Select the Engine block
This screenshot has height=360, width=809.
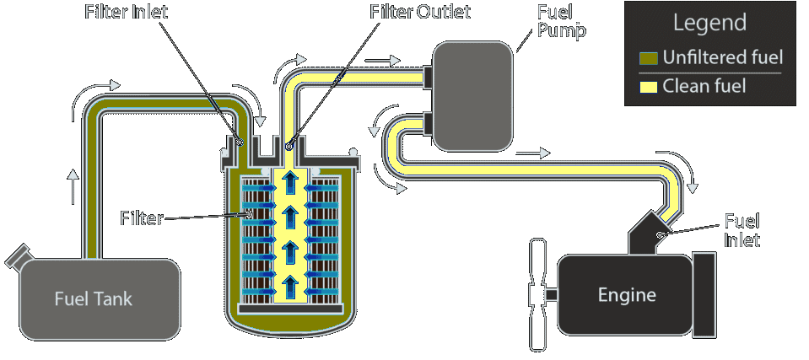pyautogui.click(x=626, y=295)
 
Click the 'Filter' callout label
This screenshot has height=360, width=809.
pyautogui.click(x=141, y=219)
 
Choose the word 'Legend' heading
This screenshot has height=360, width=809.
pyautogui.click(x=709, y=23)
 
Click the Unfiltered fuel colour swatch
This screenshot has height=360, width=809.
pyautogui.click(x=648, y=57)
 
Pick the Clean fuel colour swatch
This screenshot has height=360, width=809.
pyautogui.click(x=648, y=86)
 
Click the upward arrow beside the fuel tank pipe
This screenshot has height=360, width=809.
pyautogui.click(x=73, y=186)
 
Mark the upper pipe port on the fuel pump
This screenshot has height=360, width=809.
pyautogui.click(x=428, y=78)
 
